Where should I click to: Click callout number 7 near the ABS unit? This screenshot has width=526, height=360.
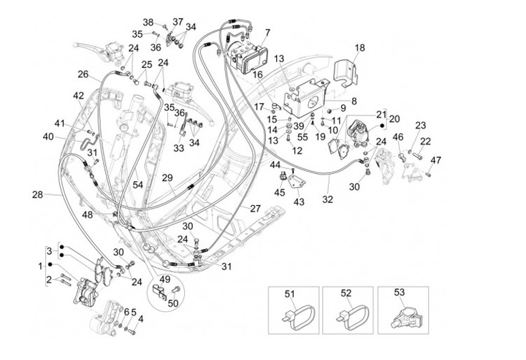(x=267, y=32)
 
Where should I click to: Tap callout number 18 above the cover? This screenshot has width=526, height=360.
(x=359, y=48)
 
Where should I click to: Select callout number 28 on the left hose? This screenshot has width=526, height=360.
(x=37, y=194)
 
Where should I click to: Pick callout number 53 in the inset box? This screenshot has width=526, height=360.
(x=399, y=293)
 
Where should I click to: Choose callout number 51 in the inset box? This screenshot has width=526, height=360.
(x=289, y=293)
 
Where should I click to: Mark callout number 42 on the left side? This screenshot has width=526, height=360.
(x=78, y=95)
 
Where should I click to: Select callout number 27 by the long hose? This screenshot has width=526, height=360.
(x=255, y=208)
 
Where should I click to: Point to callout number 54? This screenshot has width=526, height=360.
(x=138, y=185)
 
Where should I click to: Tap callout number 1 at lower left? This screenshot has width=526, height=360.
(x=41, y=265)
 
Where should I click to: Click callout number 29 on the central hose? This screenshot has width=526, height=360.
(x=167, y=177)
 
